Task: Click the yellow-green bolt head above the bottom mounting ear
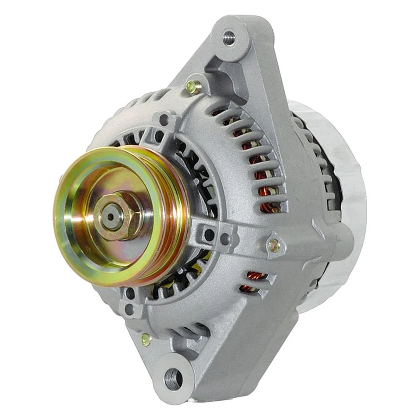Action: [146, 338]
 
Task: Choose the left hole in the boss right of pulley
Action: [209, 235]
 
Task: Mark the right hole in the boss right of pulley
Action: [224, 238]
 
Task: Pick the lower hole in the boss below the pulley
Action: [129, 309]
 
